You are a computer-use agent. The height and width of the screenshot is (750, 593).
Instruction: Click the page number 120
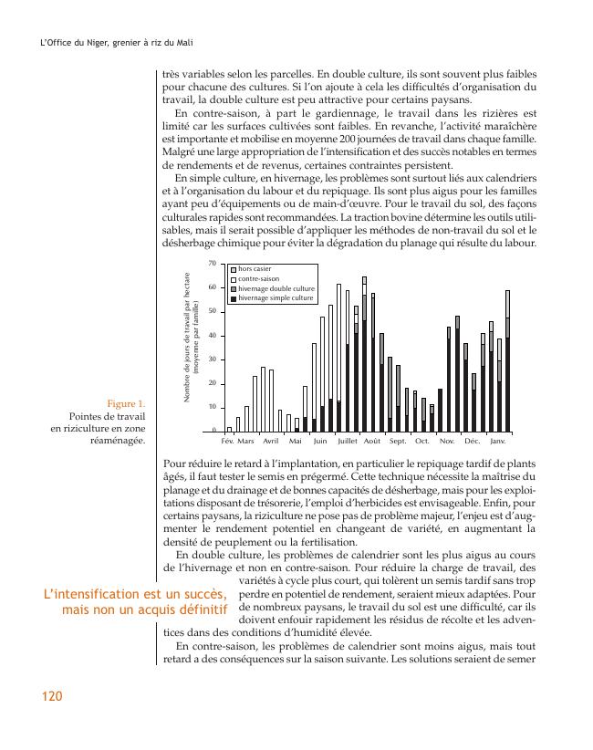51,696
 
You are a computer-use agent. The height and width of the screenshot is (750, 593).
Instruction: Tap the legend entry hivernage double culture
276,288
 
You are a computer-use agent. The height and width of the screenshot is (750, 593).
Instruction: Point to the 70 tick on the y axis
213,264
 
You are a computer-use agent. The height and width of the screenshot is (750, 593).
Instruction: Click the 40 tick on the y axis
213,336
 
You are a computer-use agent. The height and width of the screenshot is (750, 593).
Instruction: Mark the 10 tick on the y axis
213,408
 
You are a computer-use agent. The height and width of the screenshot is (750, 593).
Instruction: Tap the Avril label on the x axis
270,441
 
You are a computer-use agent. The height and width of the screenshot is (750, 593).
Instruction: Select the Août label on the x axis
371,441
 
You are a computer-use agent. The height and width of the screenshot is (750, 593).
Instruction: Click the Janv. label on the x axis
498,441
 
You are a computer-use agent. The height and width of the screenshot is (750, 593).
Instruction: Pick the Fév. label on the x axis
227,441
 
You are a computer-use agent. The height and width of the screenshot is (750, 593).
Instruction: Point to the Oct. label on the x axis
421,441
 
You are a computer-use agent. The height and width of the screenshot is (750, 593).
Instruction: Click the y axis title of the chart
190,339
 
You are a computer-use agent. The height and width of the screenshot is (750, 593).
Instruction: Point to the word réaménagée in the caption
113,440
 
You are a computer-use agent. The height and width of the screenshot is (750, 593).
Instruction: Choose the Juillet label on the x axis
347,441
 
